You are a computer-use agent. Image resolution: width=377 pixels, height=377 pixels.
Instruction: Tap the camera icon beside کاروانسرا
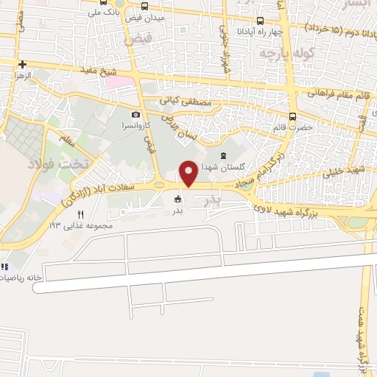point(136,115)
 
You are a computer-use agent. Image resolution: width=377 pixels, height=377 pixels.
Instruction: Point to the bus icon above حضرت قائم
point(293,116)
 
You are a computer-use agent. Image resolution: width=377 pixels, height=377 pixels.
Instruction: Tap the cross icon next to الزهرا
point(23,64)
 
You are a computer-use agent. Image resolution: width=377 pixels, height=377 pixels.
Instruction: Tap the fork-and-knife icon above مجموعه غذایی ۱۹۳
point(81,214)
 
